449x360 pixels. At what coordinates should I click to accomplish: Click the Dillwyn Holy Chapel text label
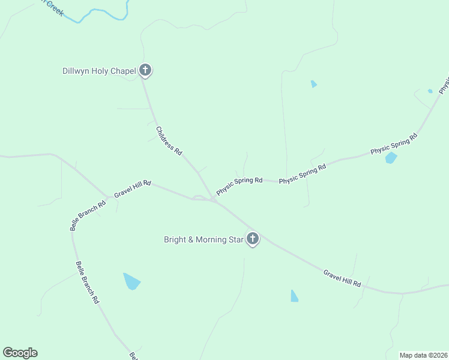100,71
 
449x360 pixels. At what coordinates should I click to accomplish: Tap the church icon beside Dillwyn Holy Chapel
145,70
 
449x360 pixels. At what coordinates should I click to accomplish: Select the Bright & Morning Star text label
203,239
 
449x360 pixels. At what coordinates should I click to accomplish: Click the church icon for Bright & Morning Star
252,239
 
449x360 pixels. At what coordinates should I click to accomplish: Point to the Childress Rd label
169,142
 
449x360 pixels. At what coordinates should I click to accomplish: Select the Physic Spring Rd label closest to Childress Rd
240,186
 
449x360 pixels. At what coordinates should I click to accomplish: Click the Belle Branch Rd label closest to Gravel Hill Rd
88,215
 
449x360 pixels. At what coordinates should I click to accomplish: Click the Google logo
20,353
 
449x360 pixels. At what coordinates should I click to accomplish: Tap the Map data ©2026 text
423,355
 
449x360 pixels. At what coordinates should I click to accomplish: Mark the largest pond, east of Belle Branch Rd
131,281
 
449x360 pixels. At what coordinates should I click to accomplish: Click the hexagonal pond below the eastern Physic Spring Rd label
391,158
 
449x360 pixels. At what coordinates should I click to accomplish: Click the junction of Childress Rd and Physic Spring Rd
211,197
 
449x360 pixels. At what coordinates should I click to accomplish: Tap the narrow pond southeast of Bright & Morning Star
294,296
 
